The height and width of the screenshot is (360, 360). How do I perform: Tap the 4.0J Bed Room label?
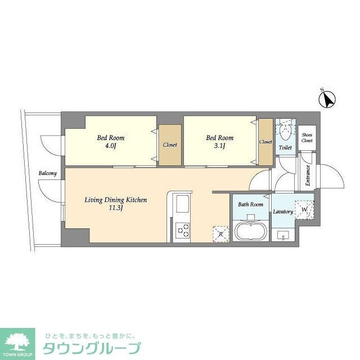[x=111, y=142]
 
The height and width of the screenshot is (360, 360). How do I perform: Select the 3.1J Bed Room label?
[x=219, y=142]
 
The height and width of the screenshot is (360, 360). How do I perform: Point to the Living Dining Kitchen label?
[x=116, y=204]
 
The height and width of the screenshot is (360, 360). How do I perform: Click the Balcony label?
[x=47, y=173]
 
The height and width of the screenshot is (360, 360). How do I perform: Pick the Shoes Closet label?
[x=307, y=138]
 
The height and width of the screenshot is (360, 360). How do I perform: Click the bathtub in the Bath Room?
[x=250, y=232]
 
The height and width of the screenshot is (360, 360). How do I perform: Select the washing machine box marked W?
[x=304, y=210]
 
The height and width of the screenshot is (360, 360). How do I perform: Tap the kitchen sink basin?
[x=183, y=204]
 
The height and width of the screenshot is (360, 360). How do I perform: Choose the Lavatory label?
[x=282, y=212]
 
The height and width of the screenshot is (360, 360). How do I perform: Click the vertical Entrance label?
[x=308, y=175]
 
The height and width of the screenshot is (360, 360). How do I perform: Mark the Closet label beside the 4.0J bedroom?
[x=170, y=145]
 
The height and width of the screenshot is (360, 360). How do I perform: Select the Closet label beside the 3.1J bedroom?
[x=265, y=142]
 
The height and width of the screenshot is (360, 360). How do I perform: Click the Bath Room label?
[x=250, y=204]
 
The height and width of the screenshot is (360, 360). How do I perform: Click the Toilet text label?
[x=285, y=148]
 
